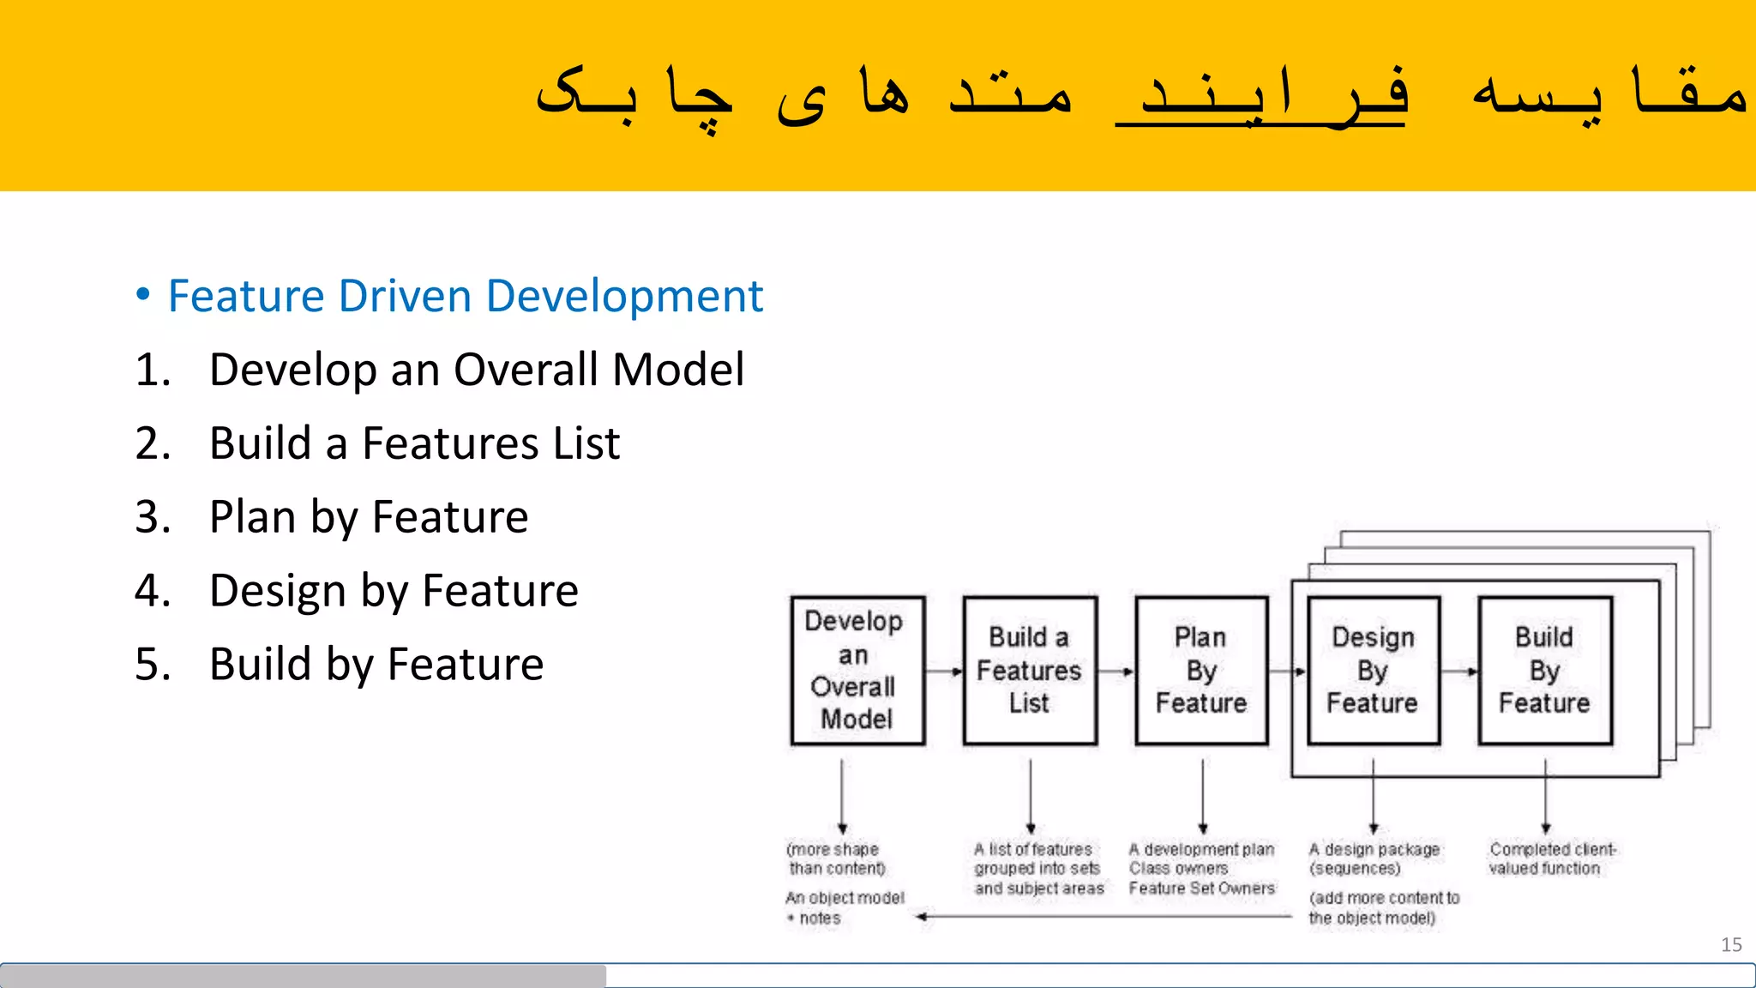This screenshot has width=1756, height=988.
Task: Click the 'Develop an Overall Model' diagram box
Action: pyautogui.click(x=857, y=671)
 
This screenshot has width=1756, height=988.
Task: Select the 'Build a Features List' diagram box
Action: pyautogui.click(x=1029, y=671)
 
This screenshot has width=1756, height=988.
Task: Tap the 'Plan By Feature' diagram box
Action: pyautogui.click(x=1201, y=671)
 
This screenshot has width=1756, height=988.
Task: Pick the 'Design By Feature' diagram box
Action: pyautogui.click(x=1373, y=671)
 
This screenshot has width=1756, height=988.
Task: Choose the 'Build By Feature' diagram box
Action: pyautogui.click(x=1544, y=671)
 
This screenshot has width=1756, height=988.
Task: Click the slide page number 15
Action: pyautogui.click(x=1731, y=945)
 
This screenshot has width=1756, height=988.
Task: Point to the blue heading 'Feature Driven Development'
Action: pyautogui.click(x=465, y=297)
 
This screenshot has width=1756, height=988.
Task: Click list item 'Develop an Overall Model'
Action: pyautogui.click(x=476, y=370)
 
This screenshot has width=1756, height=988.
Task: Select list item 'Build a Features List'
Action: pyautogui.click(x=414, y=444)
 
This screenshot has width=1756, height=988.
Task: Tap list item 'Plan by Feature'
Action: pyautogui.click(x=369, y=518)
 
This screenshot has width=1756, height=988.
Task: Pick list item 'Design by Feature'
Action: pyautogui.click(x=394, y=592)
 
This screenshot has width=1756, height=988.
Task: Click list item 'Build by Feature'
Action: pyautogui.click(x=376, y=666)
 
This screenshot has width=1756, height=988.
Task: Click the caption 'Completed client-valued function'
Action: pyautogui.click(x=1551, y=858)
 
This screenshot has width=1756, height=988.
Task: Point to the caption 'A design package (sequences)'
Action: pyautogui.click(x=1374, y=858)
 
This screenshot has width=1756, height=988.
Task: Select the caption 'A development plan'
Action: pyautogui.click(x=1201, y=850)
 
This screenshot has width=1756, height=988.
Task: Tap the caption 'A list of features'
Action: pyautogui.click(x=1033, y=850)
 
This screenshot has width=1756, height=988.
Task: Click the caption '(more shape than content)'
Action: pyautogui.click(x=836, y=858)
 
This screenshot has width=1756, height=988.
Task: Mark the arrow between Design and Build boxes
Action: pyautogui.click(x=1459, y=672)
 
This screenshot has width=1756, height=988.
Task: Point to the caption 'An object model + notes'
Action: pyautogui.click(x=844, y=907)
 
